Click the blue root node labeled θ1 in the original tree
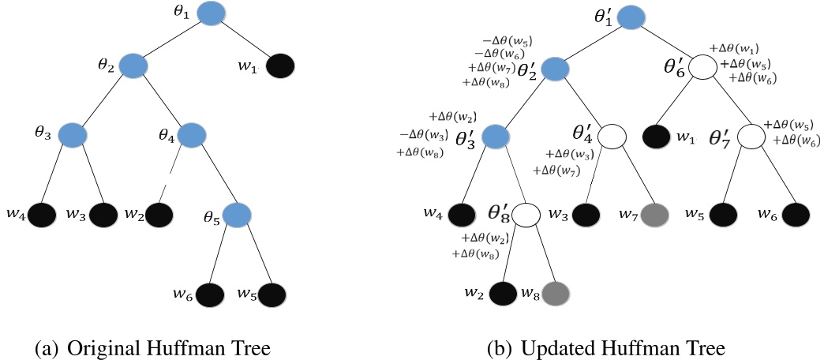pos(211,13)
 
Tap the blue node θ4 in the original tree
pos(192,136)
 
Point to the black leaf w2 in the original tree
pos(159,214)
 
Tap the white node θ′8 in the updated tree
pos(526,214)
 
